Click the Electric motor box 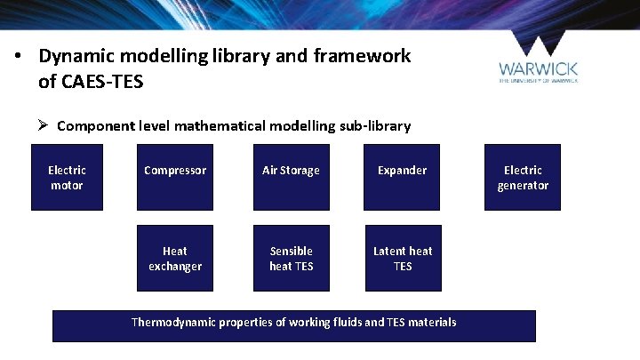click(x=67, y=178)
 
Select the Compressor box click(x=175, y=178)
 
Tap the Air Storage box click(x=291, y=178)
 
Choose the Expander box click(x=403, y=178)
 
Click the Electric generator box click(x=523, y=178)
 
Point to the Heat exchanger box click(x=175, y=259)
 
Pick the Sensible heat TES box click(x=292, y=259)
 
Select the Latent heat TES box click(x=403, y=259)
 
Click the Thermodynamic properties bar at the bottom click(x=293, y=325)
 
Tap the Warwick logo click(x=539, y=62)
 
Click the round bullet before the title click(x=18, y=57)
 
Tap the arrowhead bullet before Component click(x=43, y=125)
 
